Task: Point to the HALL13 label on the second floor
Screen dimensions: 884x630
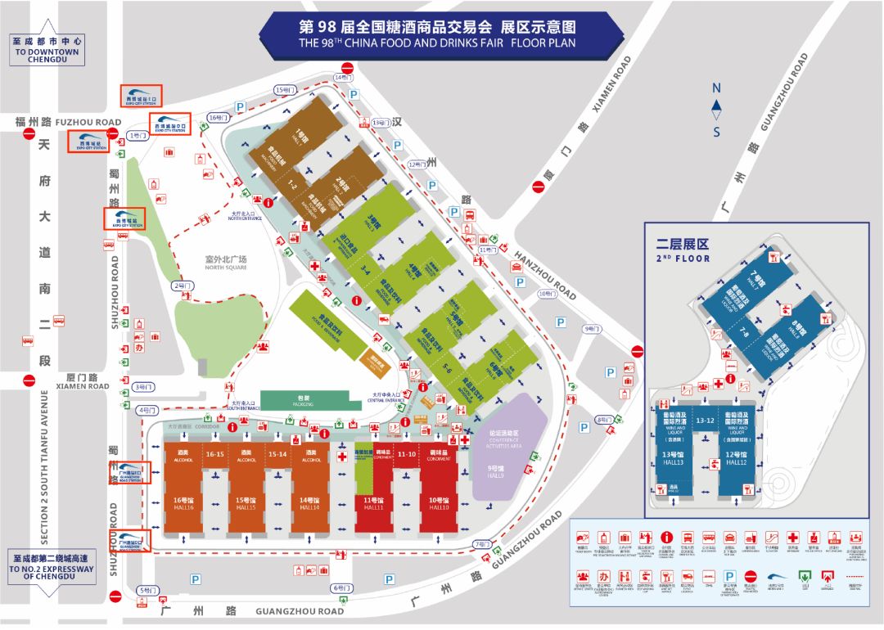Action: coord(674,459)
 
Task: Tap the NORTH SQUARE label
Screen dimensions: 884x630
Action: coord(225,263)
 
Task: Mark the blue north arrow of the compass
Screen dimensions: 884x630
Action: coord(716,105)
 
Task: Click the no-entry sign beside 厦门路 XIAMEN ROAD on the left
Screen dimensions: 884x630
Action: coord(29,380)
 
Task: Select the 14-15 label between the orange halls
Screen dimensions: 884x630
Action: coord(277,454)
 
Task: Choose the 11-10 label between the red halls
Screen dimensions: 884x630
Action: coord(406,453)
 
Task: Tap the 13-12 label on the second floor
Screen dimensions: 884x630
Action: coord(706,421)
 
